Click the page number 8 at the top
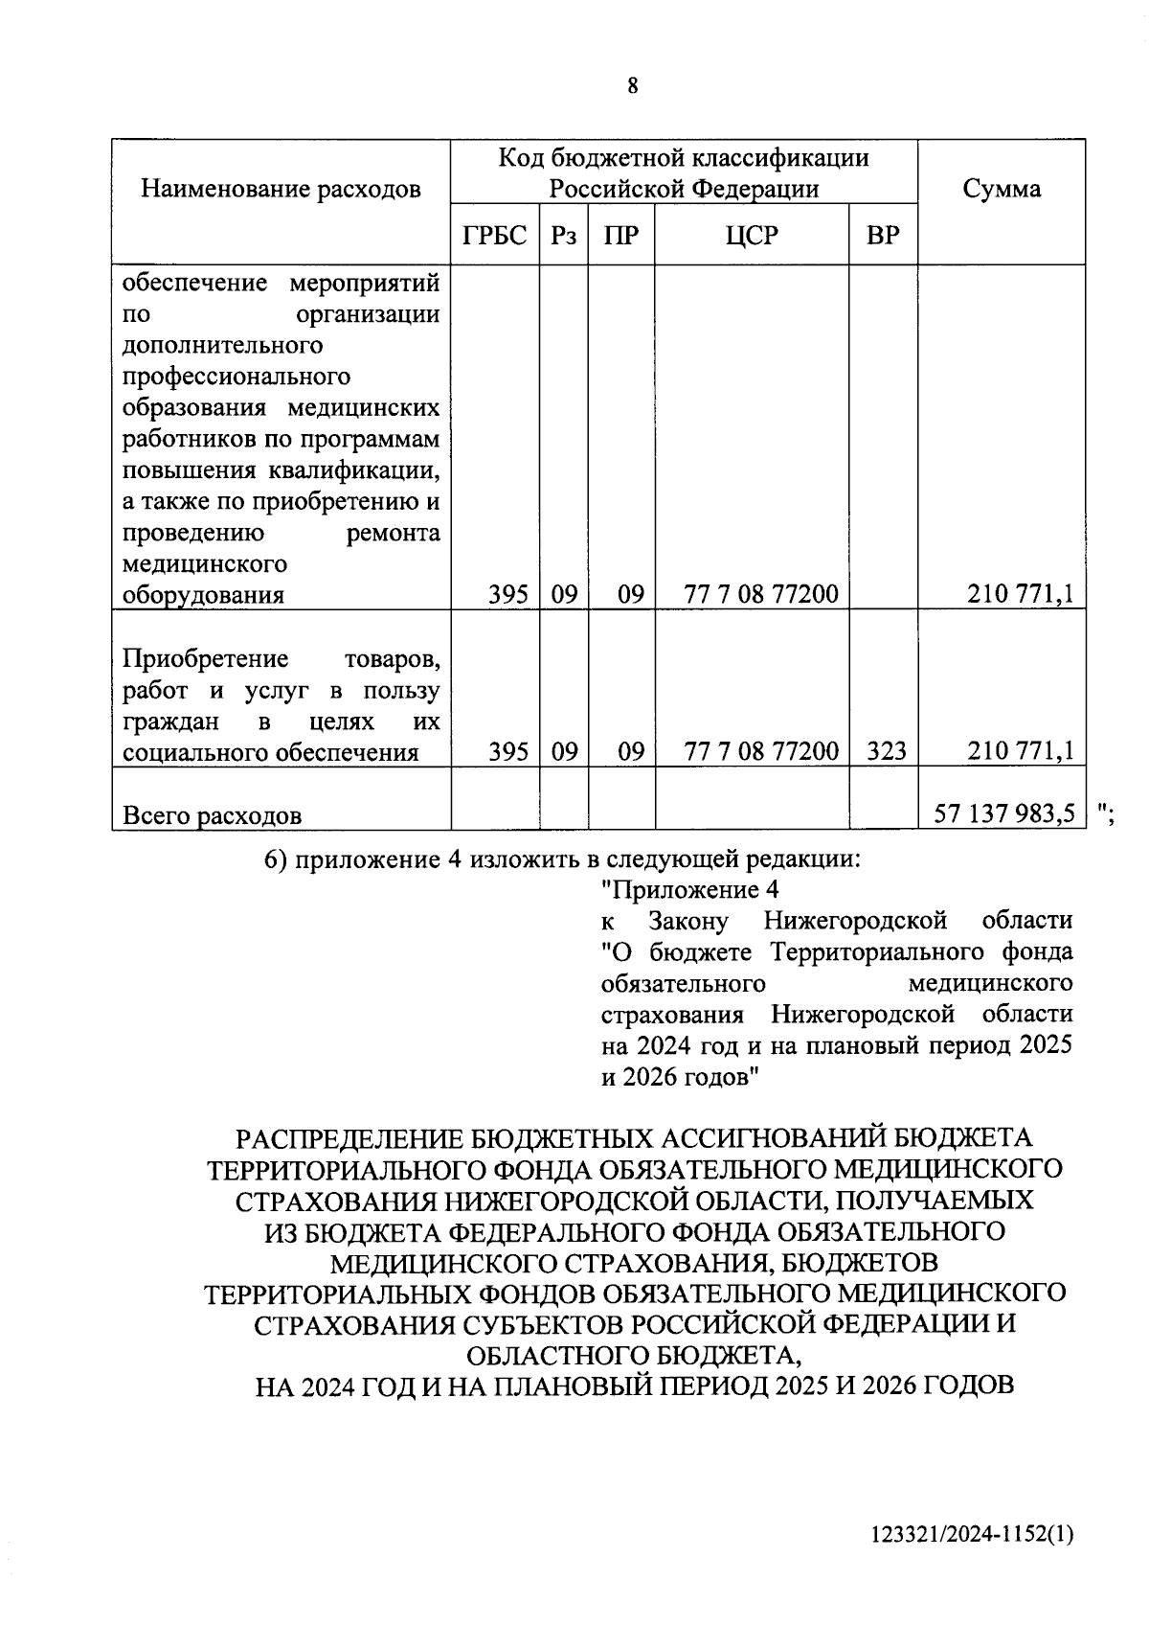coord(632,86)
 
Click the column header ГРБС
coord(494,235)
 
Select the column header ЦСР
coord(752,235)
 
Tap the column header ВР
coord(882,235)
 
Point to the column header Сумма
coord(1001,188)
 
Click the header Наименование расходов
coord(281,189)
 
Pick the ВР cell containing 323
coord(886,751)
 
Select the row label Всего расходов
coord(213,815)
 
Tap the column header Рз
coord(563,235)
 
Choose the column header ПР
coord(620,235)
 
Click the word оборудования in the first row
coord(204,595)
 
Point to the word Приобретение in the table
coord(206,659)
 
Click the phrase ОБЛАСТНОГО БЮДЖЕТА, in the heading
coord(632,1355)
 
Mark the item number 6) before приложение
coord(276,859)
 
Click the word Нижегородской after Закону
coord(855,921)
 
